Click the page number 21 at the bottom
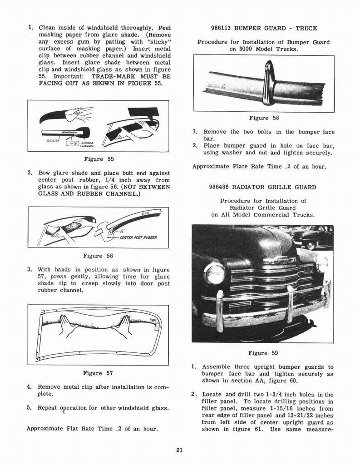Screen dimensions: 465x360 (179, 450)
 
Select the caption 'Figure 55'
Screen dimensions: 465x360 (99, 159)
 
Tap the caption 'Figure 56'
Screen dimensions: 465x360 (98, 256)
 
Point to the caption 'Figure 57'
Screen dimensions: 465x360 (99, 373)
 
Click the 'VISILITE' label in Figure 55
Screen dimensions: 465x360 (54, 142)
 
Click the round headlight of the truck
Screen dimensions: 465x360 (215, 274)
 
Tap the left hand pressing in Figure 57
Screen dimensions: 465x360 (68, 326)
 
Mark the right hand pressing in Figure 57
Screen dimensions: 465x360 (122, 326)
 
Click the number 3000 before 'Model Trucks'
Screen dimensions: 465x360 (237, 49)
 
